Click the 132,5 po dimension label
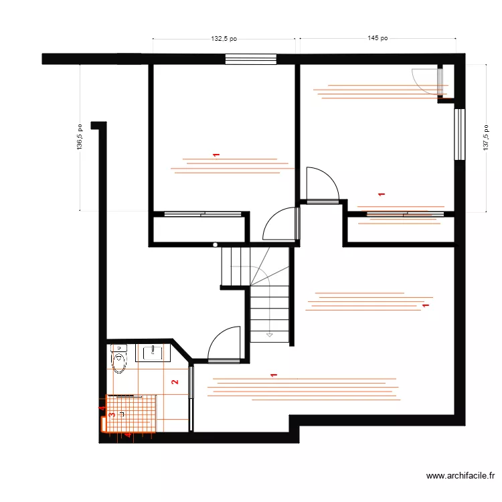coord(224,39)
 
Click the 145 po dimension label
coord(378,38)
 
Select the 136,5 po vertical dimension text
coord(80,137)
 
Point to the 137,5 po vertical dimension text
coord(486,138)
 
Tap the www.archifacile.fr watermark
coord(461,476)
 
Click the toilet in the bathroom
coord(118,359)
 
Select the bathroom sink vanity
coord(153,353)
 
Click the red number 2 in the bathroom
coord(175,382)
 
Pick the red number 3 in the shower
coord(112,415)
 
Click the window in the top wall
coord(251,59)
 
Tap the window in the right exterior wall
coord(460,135)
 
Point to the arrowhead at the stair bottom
coord(270,335)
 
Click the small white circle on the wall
coord(215,244)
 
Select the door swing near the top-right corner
coord(426,82)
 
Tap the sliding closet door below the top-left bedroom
coord(203,214)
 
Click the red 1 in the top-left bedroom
coord(216,155)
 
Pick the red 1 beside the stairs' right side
coord(426,305)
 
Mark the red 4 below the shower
coord(128,435)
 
